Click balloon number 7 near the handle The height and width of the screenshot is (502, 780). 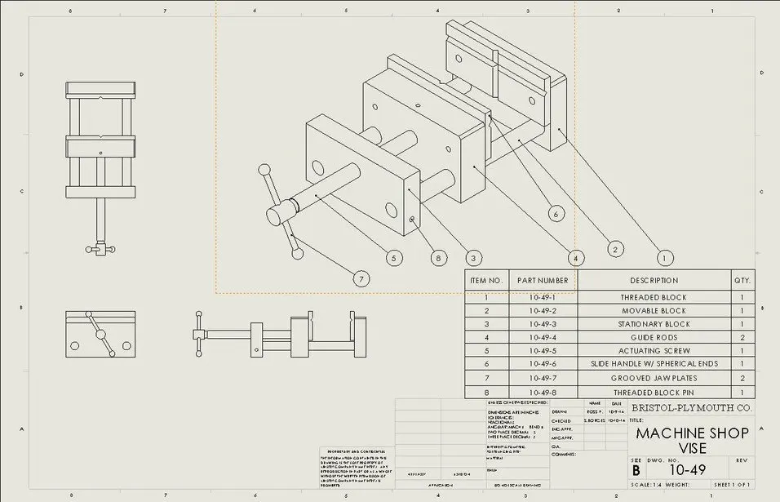[361, 278]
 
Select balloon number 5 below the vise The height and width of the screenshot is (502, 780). [394, 258]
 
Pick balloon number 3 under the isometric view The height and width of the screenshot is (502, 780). [471, 258]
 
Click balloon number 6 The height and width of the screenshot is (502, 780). [556, 214]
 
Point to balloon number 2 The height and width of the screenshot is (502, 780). [615, 248]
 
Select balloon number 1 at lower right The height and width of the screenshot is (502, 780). [665, 258]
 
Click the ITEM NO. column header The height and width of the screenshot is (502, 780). [486, 280]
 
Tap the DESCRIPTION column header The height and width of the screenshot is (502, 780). [654, 280]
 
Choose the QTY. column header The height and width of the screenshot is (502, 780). [742, 280]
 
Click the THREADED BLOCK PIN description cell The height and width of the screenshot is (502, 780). [654, 392]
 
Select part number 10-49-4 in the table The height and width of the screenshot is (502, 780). [542, 337]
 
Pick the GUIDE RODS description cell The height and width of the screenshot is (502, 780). [654, 337]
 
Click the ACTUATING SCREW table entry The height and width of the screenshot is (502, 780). [654, 350]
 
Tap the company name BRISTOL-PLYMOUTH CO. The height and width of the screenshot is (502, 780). [692, 407]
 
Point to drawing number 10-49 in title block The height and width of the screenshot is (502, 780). [687, 470]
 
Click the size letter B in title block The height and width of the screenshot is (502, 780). [636, 471]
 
